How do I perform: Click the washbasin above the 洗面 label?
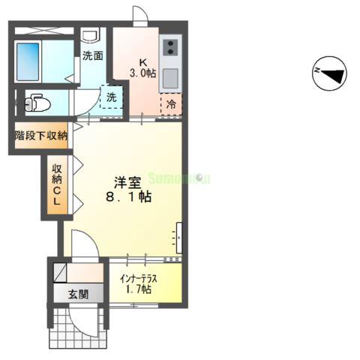91,35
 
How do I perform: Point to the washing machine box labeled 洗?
111,97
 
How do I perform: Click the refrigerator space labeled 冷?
171,103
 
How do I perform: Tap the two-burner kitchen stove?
169,47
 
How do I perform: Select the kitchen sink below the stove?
169,76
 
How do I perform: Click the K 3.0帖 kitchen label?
142,67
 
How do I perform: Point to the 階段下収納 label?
41,136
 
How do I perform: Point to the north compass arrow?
329,73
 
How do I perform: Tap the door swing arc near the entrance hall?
84,244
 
